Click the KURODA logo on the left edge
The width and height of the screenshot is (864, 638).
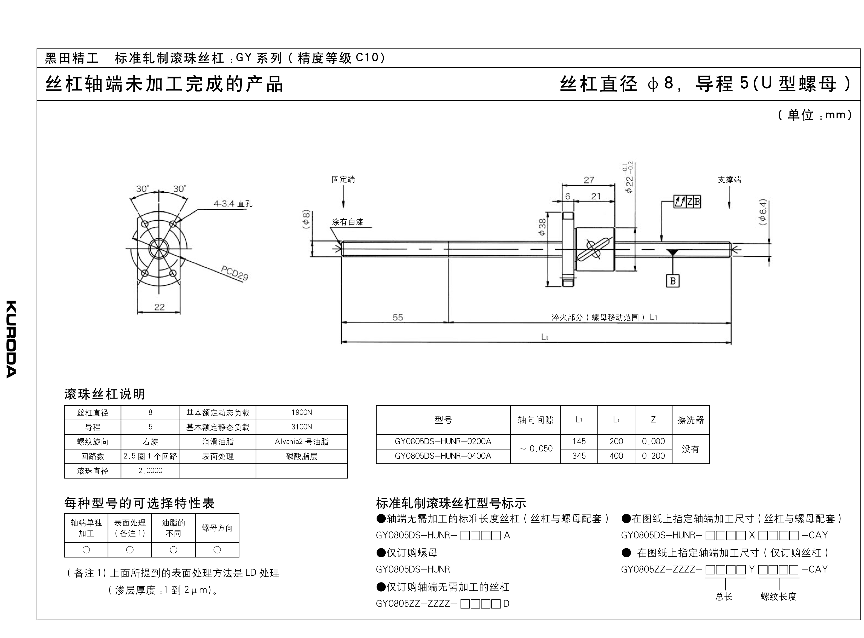tap(11, 339)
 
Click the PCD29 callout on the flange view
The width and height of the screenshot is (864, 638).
tap(235, 273)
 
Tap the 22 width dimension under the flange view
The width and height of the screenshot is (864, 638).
tap(159, 307)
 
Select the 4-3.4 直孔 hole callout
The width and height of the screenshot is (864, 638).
tap(233, 203)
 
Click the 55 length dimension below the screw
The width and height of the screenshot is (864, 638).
tap(398, 317)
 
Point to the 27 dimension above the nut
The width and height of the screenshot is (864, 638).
tap(589, 180)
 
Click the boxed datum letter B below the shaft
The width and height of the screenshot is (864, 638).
tap(673, 281)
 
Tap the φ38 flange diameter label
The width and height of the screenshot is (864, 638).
tap(542, 228)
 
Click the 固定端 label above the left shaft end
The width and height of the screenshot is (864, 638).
tap(343, 180)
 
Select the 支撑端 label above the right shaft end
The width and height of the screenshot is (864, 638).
tap(729, 180)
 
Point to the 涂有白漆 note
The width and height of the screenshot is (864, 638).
tap(347, 222)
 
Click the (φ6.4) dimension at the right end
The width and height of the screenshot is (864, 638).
tap(762, 212)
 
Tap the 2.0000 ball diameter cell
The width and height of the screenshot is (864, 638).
tap(150, 471)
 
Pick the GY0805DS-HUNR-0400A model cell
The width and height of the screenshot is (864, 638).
tap(443, 456)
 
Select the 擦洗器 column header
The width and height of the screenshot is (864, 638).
tap(690, 420)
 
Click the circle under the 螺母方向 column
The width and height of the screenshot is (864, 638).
tap(217, 550)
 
